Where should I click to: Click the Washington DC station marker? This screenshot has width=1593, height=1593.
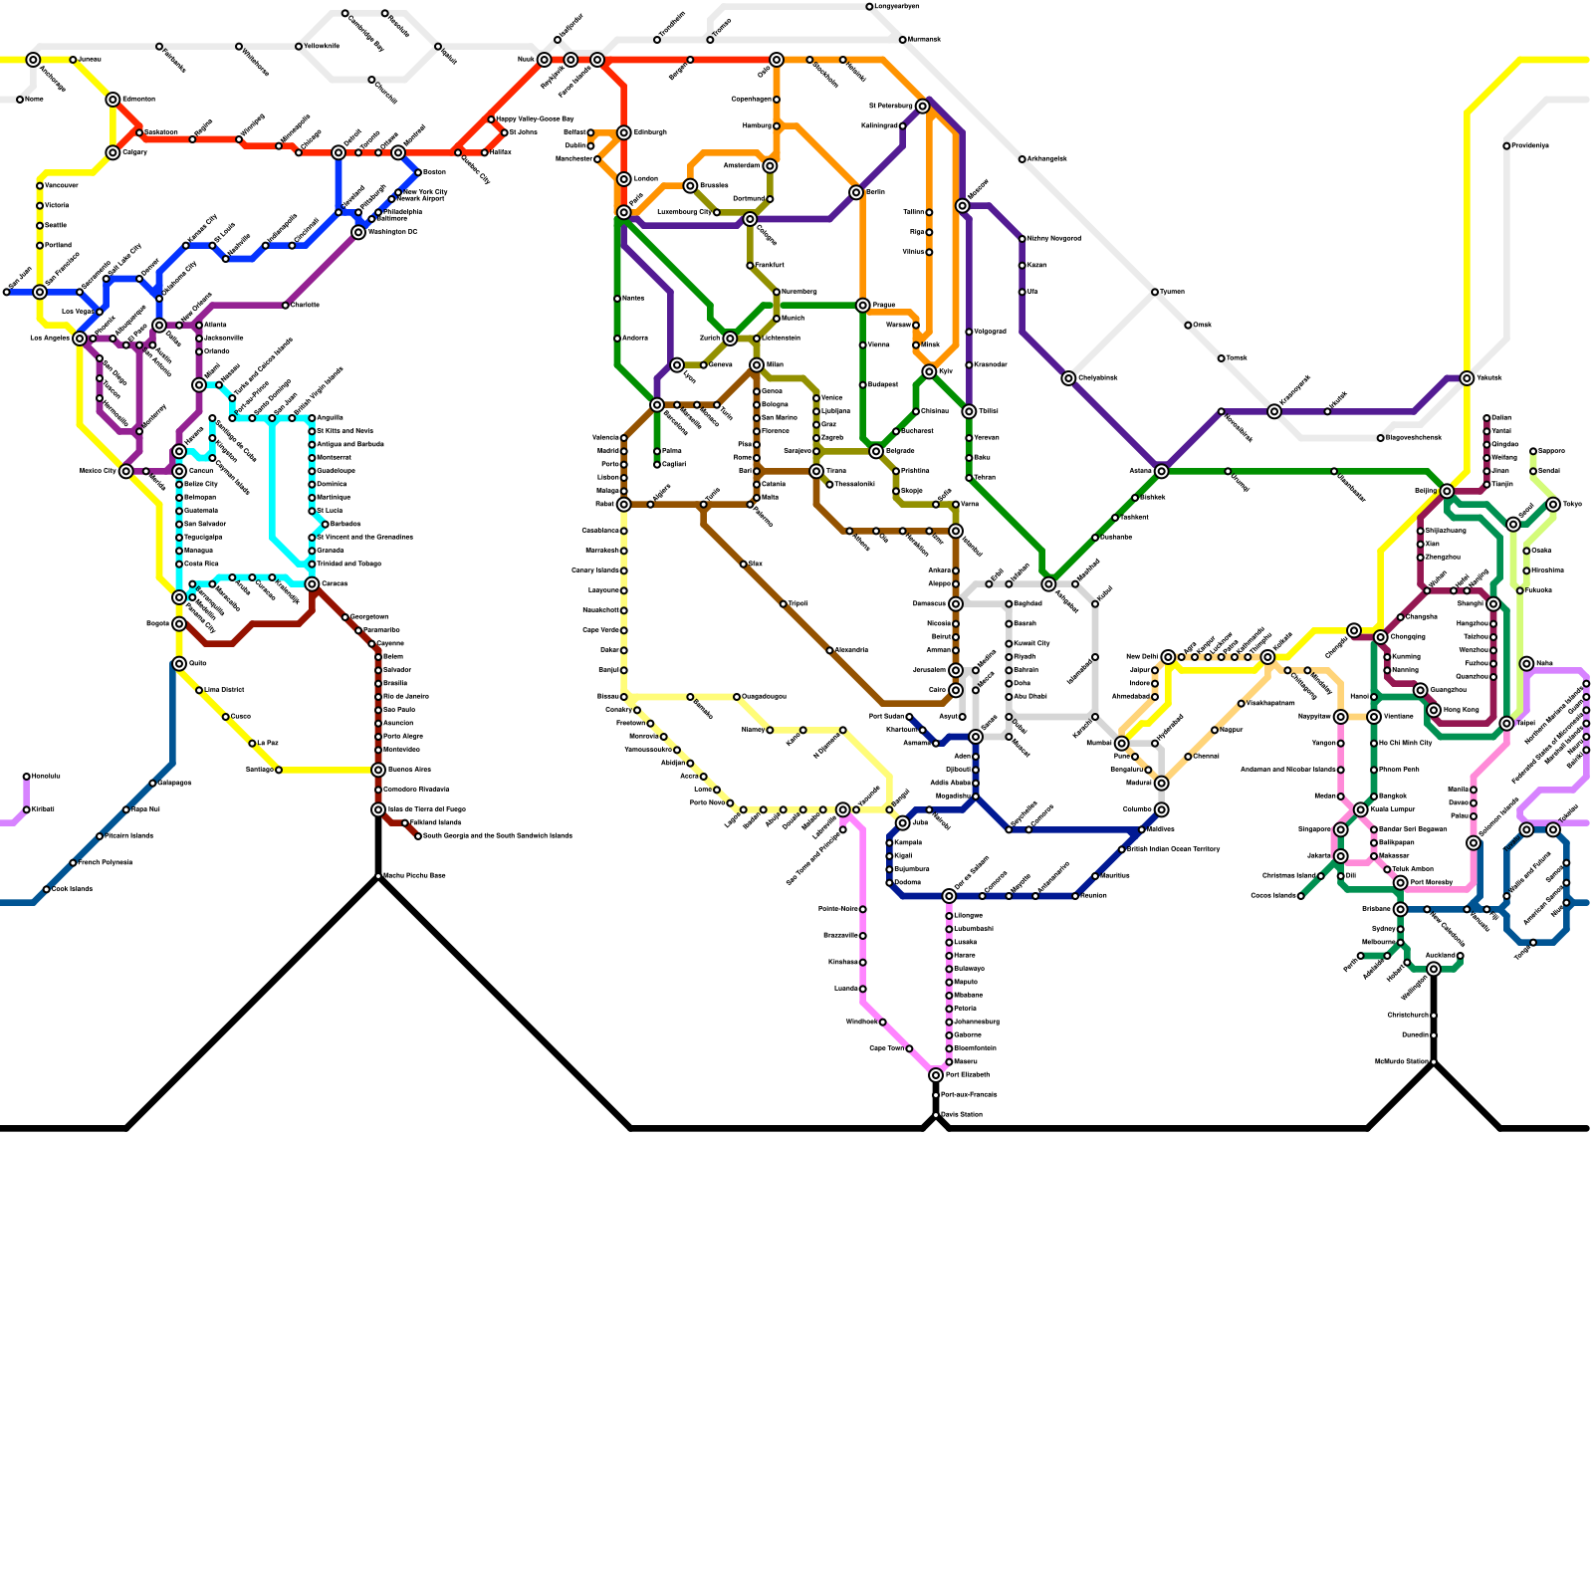[x=358, y=233]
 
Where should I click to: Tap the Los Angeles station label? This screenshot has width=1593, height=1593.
[x=50, y=339]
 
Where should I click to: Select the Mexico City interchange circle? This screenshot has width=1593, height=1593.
[x=125, y=471]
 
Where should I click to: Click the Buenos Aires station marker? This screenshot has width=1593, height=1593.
[x=378, y=770]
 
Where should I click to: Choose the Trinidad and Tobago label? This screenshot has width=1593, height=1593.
[x=348, y=565]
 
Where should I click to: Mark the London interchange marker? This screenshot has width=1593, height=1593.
[x=624, y=179]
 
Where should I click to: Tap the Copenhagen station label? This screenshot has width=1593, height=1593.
[x=752, y=100]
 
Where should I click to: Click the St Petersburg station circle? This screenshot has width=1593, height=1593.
[x=923, y=106]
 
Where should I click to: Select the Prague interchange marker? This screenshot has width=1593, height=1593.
[x=863, y=306]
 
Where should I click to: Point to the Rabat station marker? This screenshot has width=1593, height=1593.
[x=624, y=505]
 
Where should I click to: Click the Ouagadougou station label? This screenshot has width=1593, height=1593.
[x=764, y=697]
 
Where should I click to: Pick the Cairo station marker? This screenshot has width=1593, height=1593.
[x=956, y=690]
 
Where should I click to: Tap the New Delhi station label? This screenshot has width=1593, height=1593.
[x=1142, y=657]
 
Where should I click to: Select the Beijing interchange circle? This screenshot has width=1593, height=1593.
[x=1447, y=491]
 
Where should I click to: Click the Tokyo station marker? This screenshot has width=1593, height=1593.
[x=1553, y=505]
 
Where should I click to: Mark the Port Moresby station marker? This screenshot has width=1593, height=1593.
[x=1401, y=883]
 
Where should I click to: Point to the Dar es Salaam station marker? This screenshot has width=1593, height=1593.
[x=949, y=896]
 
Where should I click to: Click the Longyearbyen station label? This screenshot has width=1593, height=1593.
[x=897, y=7]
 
